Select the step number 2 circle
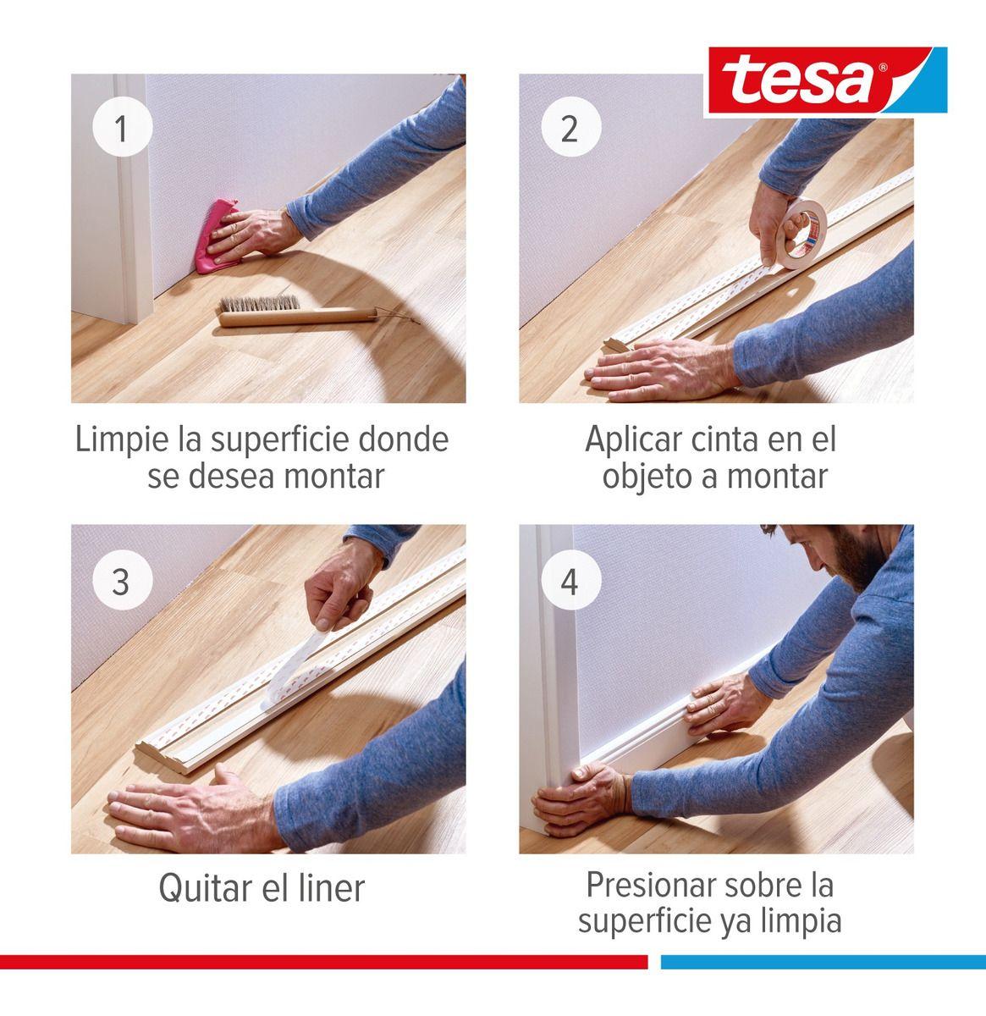point(570,130)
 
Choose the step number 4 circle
point(570,582)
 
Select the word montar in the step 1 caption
point(333,476)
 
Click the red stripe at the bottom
point(322,962)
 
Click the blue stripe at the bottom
point(821,962)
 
